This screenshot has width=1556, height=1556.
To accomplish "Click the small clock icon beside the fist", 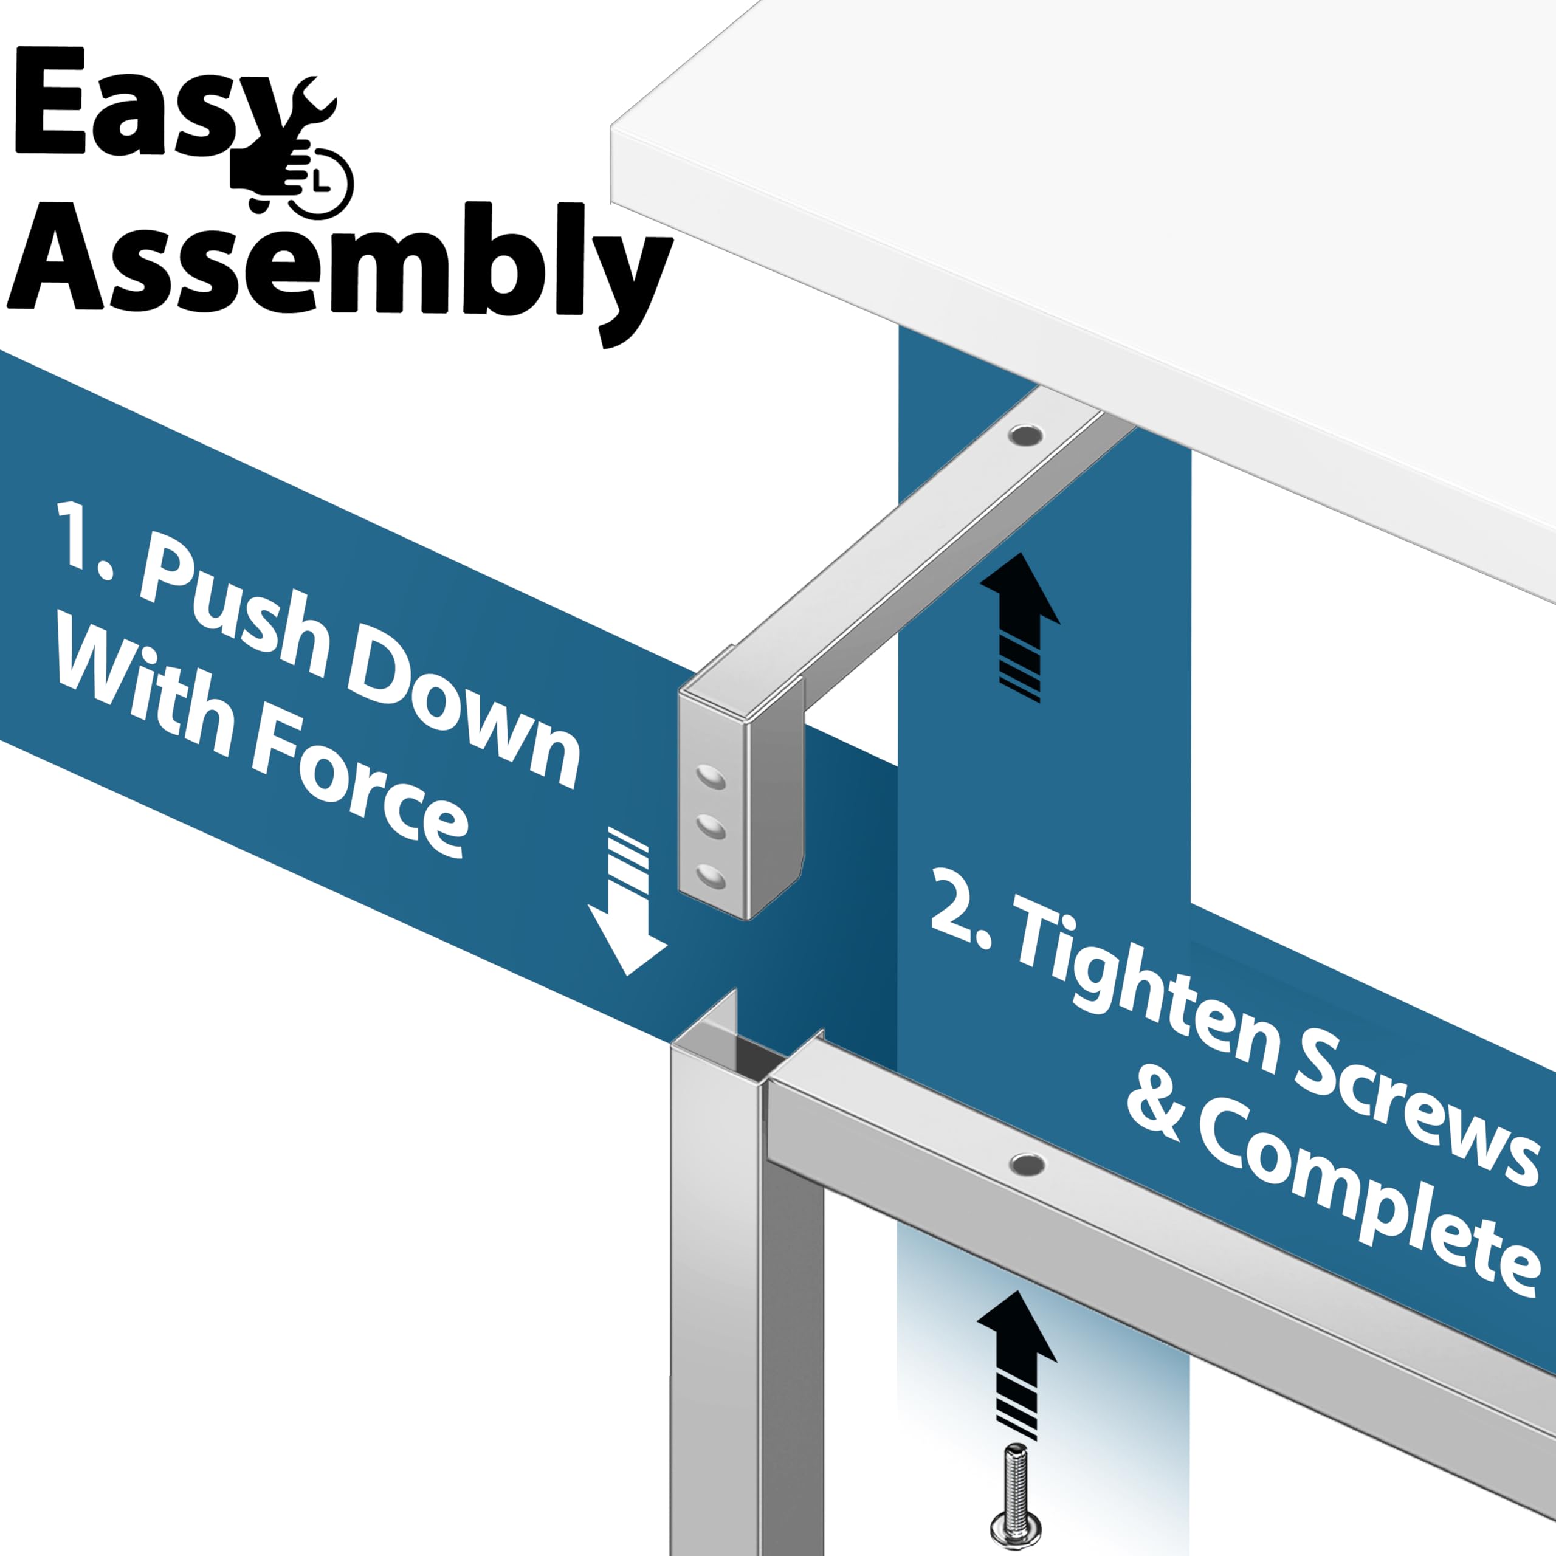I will pos(324,182).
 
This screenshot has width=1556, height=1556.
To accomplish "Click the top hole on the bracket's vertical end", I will pos(711,778).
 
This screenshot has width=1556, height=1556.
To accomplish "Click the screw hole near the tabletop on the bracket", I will pos(1025,436).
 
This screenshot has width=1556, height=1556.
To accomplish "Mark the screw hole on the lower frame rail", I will pos(1028,1164).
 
